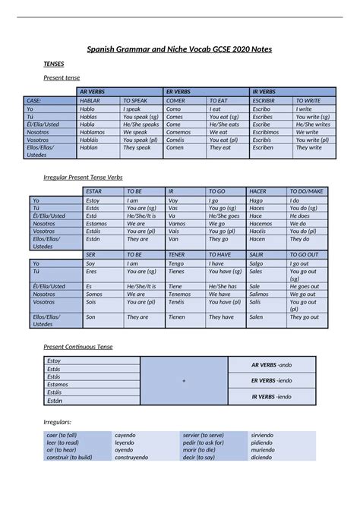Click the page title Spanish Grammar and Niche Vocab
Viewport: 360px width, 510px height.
179,49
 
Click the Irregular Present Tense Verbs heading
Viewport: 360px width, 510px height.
84,177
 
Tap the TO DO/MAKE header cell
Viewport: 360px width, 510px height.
306,192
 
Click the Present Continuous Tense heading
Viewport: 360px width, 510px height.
78,347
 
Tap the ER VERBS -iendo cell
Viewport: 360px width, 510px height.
271,380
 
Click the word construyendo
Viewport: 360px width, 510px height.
132,458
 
